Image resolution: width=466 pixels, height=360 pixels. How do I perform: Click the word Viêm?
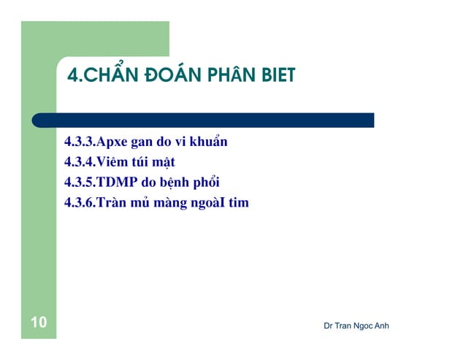(x=113, y=162)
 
